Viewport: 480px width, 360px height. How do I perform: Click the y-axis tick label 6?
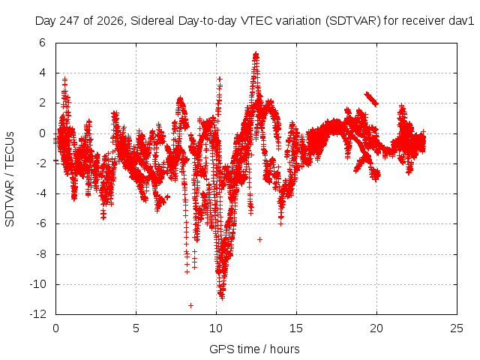click(42, 43)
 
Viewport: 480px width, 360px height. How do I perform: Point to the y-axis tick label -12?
click(37, 314)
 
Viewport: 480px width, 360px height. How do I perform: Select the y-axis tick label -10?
click(37, 284)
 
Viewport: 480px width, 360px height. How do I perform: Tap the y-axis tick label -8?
click(40, 254)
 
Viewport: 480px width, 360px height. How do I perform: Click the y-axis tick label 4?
click(42, 73)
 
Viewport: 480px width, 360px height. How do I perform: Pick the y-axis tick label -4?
click(40, 193)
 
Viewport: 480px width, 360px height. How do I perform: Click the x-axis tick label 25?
click(457, 328)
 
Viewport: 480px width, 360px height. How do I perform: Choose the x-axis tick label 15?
click(296, 328)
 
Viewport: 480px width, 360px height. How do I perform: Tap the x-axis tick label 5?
click(136, 328)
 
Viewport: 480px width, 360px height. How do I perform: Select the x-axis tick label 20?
click(376, 328)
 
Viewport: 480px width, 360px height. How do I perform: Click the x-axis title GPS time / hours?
click(254, 349)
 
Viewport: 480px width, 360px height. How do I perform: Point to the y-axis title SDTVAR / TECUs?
click(10, 179)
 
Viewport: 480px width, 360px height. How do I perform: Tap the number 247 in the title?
click(70, 21)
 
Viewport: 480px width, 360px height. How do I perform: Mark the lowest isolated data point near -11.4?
click(190, 305)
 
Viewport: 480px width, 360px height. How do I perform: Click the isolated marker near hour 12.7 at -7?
click(259, 239)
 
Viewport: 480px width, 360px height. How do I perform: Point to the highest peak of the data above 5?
click(256, 55)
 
